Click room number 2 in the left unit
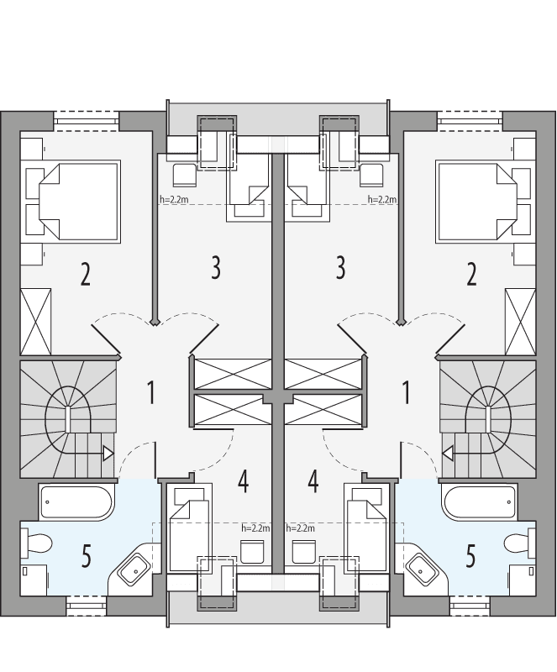point(85,275)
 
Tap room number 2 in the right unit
point(471,275)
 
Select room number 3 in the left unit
point(216,269)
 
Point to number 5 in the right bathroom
point(470,555)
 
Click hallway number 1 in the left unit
point(151,391)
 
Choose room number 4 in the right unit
point(313,481)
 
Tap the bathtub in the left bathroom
point(76,502)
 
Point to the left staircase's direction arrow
point(108,454)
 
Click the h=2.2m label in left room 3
point(173,200)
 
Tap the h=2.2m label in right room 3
point(382,200)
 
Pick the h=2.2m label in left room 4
point(255,528)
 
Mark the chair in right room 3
point(370,176)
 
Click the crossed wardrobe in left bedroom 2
point(35,322)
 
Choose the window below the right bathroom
point(471,603)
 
